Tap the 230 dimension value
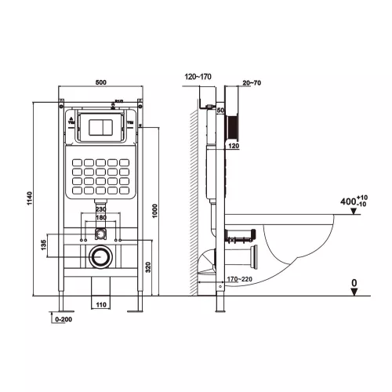pyautogui.click(x=100, y=209)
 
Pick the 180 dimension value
pyautogui.click(x=100, y=219)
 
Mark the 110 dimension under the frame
pyautogui.click(x=100, y=303)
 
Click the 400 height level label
pyautogui.click(x=348, y=202)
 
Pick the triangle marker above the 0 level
pyautogui.click(x=354, y=292)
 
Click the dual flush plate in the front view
pyautogui.click(x=100, y=128)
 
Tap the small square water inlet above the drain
pyautogui.click(x=100, y=233)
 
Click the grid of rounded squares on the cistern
pyautogui.click(x=100, y=176)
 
